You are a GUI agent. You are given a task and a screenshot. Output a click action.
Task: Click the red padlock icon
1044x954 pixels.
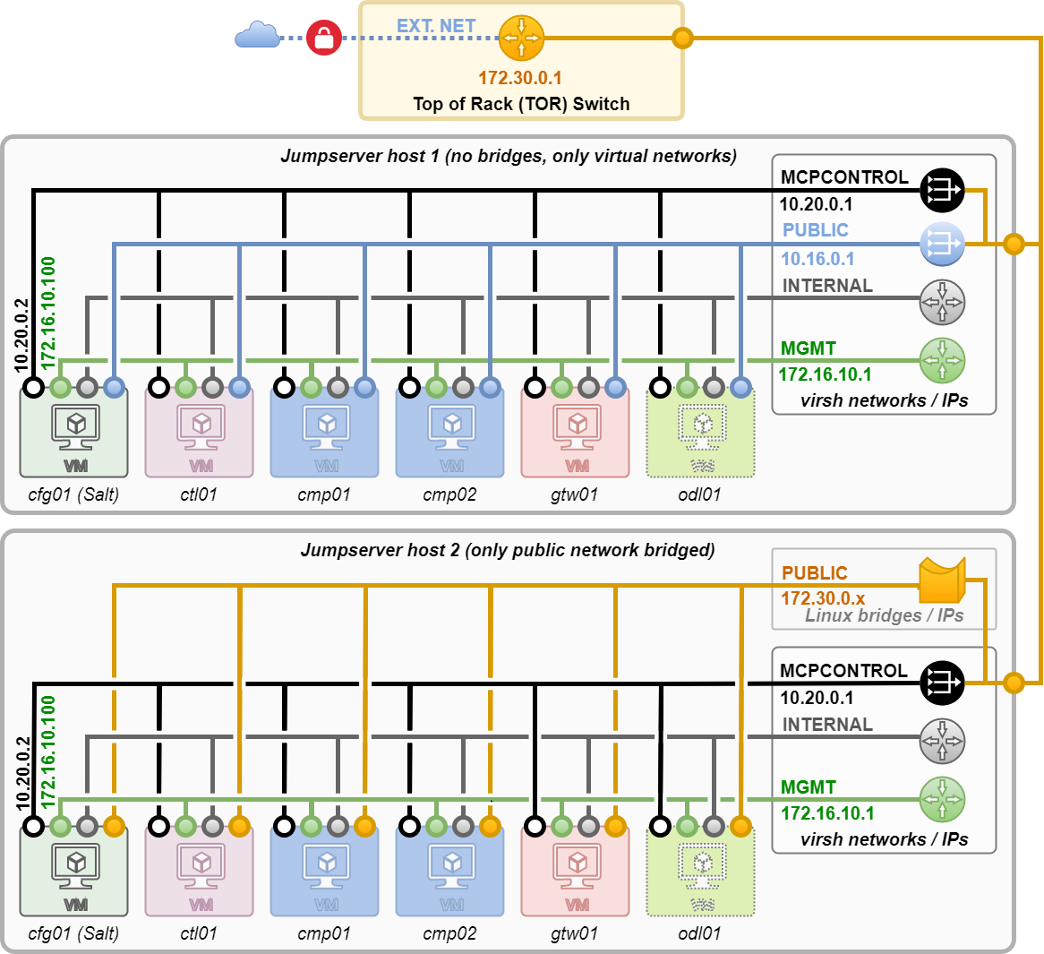point(323,39)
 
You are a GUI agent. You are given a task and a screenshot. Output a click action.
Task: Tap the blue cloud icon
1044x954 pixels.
point(257,36)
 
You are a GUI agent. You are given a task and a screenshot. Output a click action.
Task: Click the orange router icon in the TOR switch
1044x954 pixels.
point(521,38)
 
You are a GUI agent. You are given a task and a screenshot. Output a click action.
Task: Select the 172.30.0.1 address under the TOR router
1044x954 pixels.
point(520,78)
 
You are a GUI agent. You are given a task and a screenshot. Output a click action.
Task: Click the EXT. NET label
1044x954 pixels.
point(436,26)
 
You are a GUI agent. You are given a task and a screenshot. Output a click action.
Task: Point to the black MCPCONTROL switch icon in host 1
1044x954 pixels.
point(942,190)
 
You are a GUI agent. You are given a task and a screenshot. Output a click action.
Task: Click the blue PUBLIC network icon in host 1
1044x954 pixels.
point(942,243)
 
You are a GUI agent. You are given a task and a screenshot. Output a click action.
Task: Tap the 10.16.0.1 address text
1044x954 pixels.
point(817,259)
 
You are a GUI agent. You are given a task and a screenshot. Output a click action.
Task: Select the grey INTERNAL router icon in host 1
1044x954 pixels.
point(942,302)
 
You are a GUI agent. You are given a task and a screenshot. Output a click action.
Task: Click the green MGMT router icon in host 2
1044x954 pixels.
point(942,799)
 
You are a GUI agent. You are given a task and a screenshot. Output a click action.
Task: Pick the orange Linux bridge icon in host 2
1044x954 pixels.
point(942,580)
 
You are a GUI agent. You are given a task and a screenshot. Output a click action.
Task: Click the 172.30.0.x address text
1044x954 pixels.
point(823,598)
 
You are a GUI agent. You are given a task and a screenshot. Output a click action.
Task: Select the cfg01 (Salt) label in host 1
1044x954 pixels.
point(73,494)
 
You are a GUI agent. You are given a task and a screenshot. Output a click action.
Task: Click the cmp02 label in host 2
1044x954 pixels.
point(449,933)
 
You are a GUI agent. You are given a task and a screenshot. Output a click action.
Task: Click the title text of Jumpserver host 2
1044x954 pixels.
point(508,550)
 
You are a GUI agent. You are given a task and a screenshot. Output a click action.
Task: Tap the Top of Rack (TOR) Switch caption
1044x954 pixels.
point(521,104)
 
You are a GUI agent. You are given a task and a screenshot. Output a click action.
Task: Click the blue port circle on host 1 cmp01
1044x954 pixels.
point(364,388)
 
